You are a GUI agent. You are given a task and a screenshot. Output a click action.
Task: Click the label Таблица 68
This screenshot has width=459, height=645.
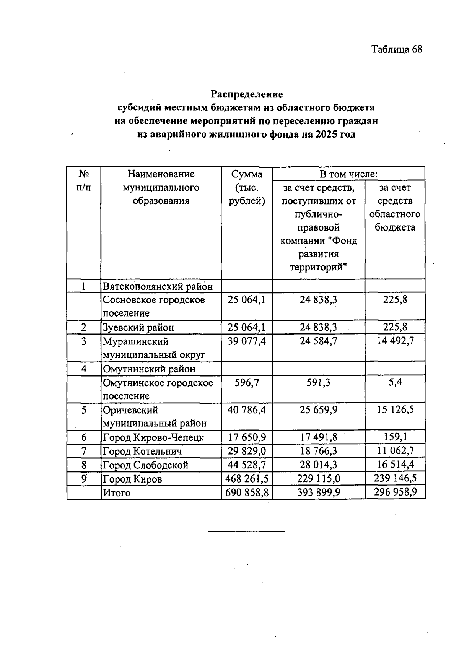point(397,49)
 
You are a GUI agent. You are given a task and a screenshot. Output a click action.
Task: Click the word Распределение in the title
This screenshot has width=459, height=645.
point(247,94)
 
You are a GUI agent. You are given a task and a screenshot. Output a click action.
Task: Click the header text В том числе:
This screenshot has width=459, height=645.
point(348,174)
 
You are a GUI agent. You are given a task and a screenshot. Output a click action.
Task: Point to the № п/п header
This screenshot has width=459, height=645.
point(84,181)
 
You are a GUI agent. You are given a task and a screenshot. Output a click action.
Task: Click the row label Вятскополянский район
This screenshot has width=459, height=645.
point(157,286)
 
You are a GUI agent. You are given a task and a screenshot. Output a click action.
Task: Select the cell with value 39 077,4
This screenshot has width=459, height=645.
point(247,341)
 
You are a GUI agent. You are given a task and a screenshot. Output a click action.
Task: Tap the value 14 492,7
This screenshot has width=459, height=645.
point(395,341)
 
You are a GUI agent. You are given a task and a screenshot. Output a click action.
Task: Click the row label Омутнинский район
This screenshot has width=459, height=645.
point(149,369)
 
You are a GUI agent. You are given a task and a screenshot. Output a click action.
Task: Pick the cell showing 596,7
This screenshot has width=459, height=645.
point(247,382)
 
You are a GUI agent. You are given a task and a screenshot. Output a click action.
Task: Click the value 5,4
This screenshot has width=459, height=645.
point(395,382)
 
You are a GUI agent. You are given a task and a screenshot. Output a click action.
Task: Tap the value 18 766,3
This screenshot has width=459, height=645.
point(318,451)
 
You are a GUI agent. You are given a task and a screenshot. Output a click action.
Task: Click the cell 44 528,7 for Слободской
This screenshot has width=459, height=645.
point(247,465)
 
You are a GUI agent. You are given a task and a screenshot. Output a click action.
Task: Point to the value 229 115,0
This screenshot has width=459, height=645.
point(318,479)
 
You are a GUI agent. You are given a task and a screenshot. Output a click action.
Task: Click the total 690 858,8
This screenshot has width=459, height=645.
point(247,492)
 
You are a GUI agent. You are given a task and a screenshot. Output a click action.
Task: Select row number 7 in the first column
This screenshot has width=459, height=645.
point(84,451)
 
